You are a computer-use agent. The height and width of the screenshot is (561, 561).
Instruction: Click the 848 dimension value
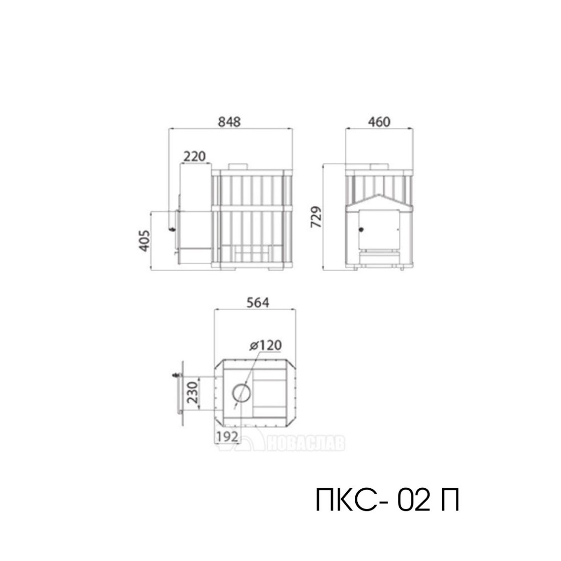[229, 122]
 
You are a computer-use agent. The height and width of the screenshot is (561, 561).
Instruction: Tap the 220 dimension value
[195, 157]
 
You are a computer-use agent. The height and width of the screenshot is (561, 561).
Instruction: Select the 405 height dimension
[145, 241]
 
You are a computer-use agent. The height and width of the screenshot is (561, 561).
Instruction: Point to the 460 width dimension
[379, 122]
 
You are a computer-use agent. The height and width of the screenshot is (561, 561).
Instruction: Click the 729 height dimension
[316, 217]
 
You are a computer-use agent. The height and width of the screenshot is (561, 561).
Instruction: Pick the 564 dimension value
[258, 303]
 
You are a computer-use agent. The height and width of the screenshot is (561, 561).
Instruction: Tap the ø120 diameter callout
[266, 345]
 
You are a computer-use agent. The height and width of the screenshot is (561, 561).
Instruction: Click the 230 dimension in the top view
[193, 393]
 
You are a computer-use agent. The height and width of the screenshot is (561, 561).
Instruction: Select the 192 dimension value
[227, 437]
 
